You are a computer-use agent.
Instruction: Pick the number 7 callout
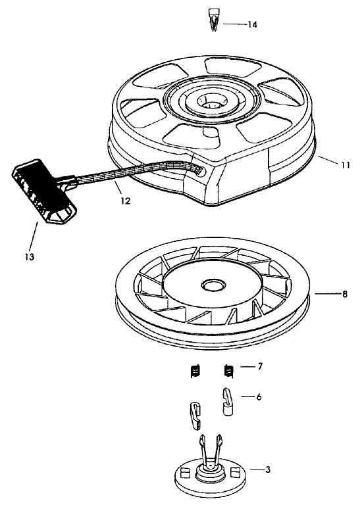pyautogui.click(x=260, y=366)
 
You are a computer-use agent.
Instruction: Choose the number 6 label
pyautogui.click(x=259, y=397)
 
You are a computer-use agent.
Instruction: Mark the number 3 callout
pyautogui.click(x=267, y=470)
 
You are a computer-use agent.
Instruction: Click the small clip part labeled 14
pyautogui.click(x=213, y=22)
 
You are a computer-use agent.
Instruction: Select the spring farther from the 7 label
pyautogui.click(x=195, y=372)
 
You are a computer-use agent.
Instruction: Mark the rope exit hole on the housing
pyautogui.click(x=197, y=170)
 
